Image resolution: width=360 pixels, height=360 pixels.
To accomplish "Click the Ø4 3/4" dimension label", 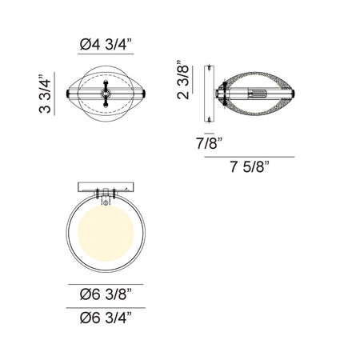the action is pos(106,44).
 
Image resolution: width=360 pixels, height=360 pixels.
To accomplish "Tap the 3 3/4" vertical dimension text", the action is pos(45,94).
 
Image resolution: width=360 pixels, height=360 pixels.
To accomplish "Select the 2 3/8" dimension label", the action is pos(183,79).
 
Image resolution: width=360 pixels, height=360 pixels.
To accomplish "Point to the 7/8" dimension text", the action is pos(210,143).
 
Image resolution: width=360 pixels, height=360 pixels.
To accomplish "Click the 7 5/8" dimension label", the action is pos(250,167).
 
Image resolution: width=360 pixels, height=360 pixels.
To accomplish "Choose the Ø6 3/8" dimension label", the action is pos(106,294).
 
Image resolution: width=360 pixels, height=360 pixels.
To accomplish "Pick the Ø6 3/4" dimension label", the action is pos(106,318).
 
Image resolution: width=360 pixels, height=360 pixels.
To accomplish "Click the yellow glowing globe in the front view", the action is pos(106,233).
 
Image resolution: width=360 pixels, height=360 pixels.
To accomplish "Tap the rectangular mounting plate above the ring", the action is pos(106,187).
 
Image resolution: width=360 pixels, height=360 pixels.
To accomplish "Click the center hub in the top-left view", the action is pos(106,94).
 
